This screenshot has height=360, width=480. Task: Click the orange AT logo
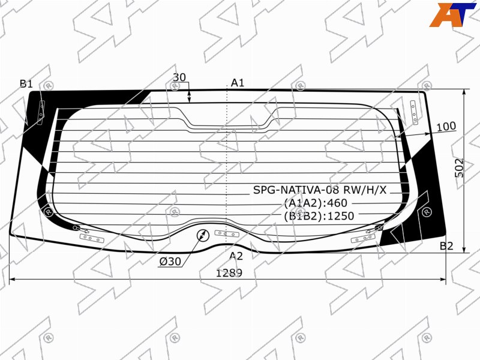tap(453, 14)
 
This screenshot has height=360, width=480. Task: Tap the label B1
tap(26, 83)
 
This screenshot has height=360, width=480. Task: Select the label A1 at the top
tap(238, 82)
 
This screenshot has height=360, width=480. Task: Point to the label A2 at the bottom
tap(236, 256)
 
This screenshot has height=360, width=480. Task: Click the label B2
tap(446, 246)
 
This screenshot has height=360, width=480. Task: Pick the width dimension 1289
tap(229, 272)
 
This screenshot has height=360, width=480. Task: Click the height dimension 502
tap(460, 168)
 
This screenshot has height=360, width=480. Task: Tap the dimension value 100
tap(446, 126)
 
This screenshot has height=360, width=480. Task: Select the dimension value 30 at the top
tap(179, 77)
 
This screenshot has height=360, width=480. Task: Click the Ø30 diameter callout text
tap(170, 262)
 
